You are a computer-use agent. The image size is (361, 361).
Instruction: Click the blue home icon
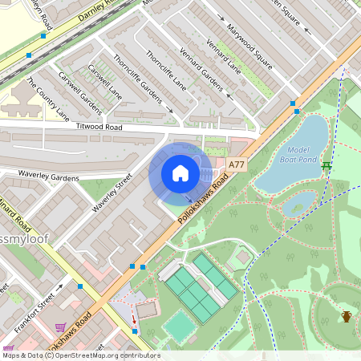click(x=180, y=173)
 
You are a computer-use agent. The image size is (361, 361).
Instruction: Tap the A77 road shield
click(x=236, y=164)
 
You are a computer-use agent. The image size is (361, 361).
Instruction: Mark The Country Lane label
click(x=48, y=98)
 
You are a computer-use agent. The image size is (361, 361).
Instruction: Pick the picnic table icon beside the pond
click(x=327, y=166)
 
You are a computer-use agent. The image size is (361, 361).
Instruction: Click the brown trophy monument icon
click(x=347, y=316)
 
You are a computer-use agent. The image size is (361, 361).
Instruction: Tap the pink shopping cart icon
click(x=61, y=327)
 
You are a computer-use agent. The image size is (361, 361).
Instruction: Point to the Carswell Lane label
click(x=105, y=81)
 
